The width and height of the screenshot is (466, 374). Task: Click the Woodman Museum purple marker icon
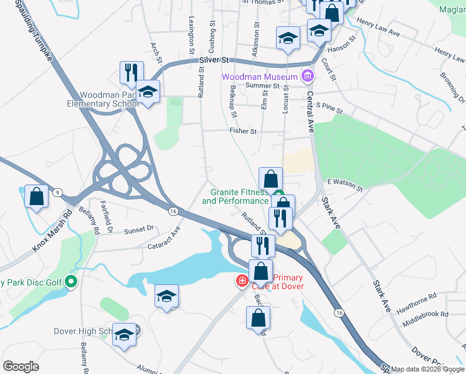307,77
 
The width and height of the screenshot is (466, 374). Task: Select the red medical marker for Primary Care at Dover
241,282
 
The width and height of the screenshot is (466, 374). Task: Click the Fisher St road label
243,132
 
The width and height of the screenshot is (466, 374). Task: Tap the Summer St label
260,85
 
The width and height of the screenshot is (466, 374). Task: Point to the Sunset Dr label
139,229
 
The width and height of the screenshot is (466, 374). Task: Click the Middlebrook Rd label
425,314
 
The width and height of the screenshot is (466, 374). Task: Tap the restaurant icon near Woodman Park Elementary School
131,72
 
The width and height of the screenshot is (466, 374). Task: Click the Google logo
21,367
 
